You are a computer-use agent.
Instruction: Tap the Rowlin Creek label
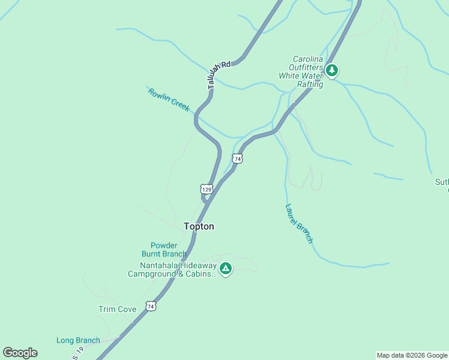coord(169,100)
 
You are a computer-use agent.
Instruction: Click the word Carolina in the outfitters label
coord(308,59)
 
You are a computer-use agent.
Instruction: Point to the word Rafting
coord(309,85)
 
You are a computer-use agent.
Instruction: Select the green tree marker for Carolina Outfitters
coord(332,71)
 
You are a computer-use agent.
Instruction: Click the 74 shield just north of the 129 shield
coord(238,158)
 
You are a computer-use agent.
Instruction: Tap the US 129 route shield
coord(206,189)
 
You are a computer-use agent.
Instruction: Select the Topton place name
coord(199,226)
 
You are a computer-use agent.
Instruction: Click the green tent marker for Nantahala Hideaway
coord(226,268)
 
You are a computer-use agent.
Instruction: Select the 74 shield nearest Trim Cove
coord(151,306)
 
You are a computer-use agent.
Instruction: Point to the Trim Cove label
coord(118,309)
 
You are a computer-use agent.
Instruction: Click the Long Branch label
coord(78,340)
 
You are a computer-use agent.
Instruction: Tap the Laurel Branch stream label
coord(299,224)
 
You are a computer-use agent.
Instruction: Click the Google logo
coord(20,353)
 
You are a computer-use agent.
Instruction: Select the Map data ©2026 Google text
coord(412,355)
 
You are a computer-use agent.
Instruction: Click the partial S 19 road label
coord(78,354)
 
